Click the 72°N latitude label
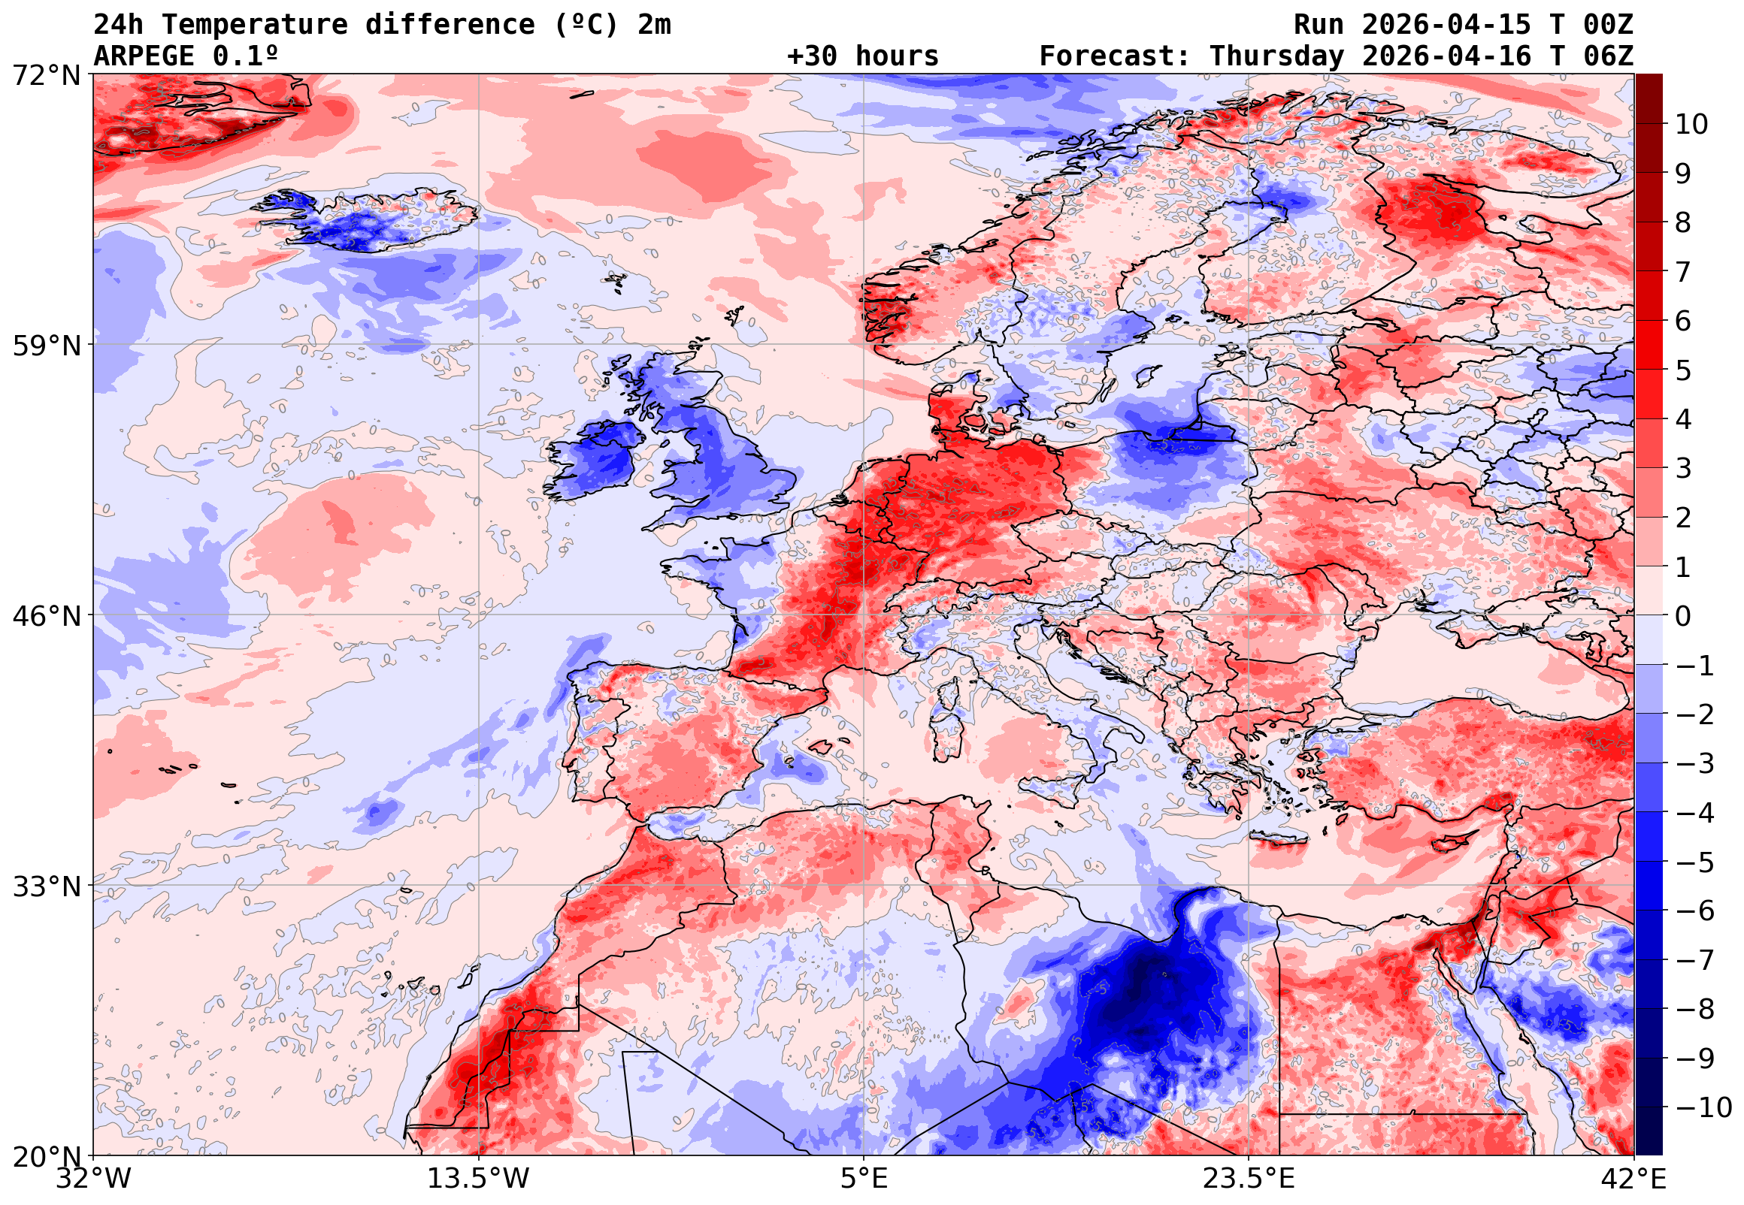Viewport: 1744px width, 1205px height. click(x=46, y=76)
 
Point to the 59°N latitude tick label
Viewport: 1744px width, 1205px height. click(x=46, y=346)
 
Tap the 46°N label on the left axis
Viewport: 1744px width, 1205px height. click(x=46, y=616)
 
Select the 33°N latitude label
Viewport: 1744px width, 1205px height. click(x=46, y=886)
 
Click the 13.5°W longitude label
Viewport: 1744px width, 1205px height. click(x=478, y=1179)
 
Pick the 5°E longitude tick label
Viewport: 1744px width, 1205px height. click(x=864, y=1179)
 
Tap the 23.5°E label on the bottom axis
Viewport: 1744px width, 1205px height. click(x=1248, y=1179)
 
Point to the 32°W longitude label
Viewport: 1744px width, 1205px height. click(x=94, y=1179)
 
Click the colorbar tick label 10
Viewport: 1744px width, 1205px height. click(x=1691, y=125)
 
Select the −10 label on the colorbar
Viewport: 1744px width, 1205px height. click(x=1703, y=1108)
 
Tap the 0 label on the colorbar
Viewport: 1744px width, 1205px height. click(x=1683, y=617)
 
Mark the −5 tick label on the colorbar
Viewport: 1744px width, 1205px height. click(x=1695, y=862)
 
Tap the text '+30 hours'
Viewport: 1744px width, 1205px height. click(x=862, y=56)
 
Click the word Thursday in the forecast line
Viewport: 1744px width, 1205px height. click(x=1276, y=56)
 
